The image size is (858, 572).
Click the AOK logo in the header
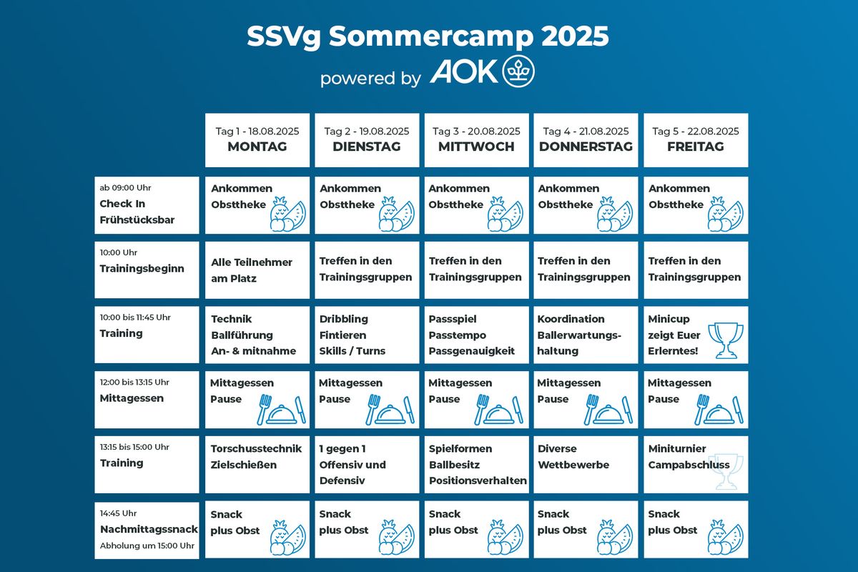(x=482, y=71)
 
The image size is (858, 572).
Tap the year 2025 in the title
(x=576, y=36)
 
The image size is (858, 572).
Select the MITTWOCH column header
(x=476, y=140)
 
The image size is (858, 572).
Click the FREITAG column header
(x=696, y=140)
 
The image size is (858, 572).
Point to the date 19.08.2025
(x=384, y=132)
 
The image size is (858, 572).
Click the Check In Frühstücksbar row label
(x=147, y=205)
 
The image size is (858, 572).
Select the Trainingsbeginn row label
(x=147, y=270)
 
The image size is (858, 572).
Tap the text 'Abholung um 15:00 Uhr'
(x=147, y=546)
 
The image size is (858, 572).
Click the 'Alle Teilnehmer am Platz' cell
(x=257, y=270)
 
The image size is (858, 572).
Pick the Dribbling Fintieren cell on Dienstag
(x=367, y=335)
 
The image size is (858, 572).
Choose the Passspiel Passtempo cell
(x=476, y=335)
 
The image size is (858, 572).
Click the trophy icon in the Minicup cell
(x=726, y=340)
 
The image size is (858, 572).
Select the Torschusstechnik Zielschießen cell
(x=257, y=464)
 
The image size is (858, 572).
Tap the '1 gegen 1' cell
(x=367, y=464)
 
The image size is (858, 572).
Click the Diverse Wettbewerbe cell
(x=586, y=464)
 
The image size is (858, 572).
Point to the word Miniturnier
(x=677, y=448)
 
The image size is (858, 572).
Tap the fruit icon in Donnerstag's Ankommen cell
(x=615, y=214)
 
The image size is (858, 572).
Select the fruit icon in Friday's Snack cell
(x=726, y=537)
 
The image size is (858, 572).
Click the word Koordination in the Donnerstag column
(x=571, y=319)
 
